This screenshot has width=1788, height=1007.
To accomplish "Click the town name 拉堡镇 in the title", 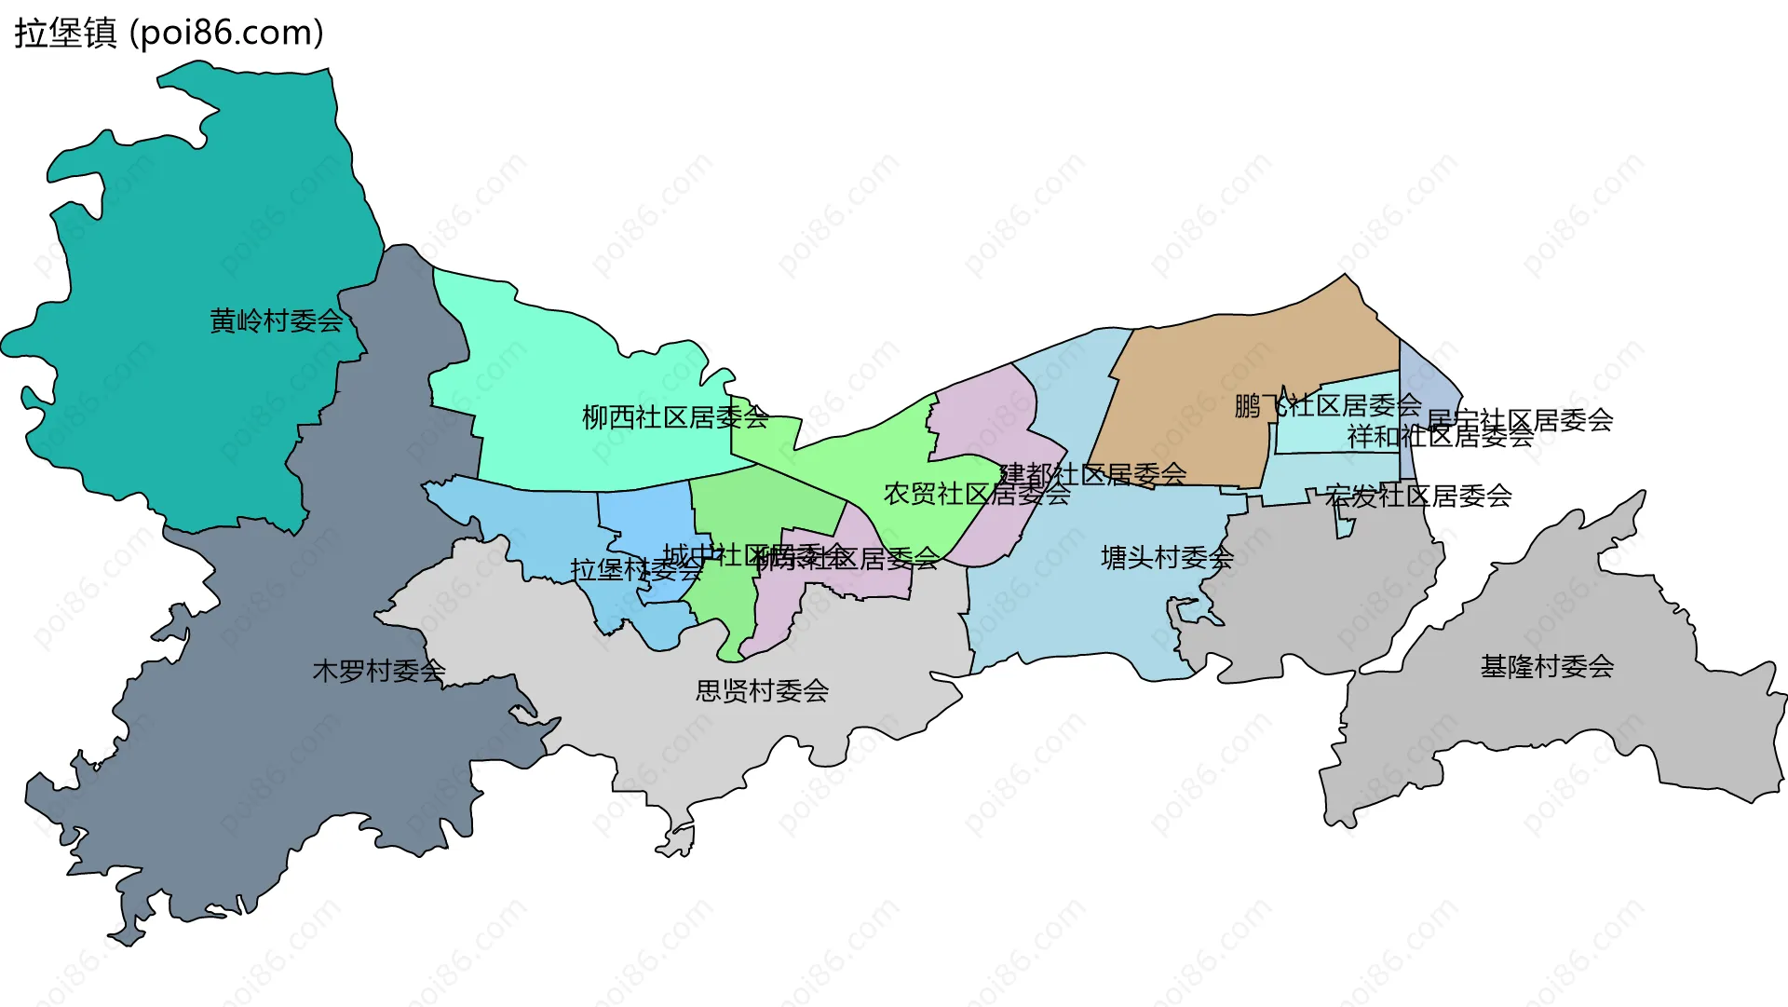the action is pyautogui.click(x=65, y=33).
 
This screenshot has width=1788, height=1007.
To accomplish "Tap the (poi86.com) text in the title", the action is pyautogui.click(x=226, y=33).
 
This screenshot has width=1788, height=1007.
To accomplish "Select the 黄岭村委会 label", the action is pyautogui.click(x=277, y=321).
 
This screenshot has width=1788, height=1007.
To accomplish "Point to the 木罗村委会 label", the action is pyautogui.click(x=379, y=671).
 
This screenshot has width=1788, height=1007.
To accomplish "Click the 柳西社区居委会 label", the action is pyautogui.click(x=675, y=417).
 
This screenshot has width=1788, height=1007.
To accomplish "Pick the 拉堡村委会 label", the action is pyautogui.click(x=636, y=569).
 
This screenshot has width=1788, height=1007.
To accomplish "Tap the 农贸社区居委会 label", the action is pyautogui.click(x=977, y=494).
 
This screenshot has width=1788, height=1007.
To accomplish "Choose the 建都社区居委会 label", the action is pyautogui.click(x=1093, y=474).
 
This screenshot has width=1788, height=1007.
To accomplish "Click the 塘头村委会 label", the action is pyautogui.click(x=1167, y=558).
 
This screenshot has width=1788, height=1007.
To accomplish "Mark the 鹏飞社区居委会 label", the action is pyautogui.click(x=1328, y=405).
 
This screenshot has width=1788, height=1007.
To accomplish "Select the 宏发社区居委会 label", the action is pyautogui.click(x=1418, y=496).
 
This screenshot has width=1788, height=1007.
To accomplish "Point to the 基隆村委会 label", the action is pyautogui.click(x=1547, y=666).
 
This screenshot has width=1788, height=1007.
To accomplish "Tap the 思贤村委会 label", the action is pyautogui.click(x=762, y=690).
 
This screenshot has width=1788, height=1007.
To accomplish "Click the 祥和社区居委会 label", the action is pyautogui.click(x=1441, y=436).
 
